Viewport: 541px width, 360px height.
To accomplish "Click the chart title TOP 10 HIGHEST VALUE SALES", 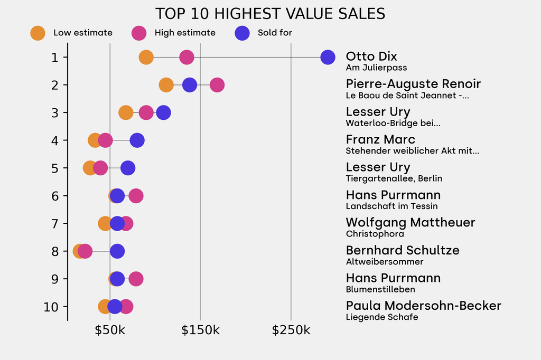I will pos(270,14).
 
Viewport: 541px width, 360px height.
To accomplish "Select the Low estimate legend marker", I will pos(38,33).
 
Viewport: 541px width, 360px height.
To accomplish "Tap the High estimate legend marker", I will pos(139,33).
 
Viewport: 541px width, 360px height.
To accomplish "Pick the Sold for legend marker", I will pos(241,33).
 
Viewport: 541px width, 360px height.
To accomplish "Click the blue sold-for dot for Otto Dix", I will pos(328,57).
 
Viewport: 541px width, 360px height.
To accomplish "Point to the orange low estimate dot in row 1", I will pos(146,57).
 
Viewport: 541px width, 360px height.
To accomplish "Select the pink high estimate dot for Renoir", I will pos(217,85).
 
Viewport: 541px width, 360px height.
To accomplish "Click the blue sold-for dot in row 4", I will pos(137,140).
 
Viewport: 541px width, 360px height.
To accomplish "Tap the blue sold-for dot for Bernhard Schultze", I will pos(117,251).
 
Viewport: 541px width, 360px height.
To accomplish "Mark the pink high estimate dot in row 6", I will pos(136,196).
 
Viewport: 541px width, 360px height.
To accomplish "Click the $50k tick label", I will pos(110,330).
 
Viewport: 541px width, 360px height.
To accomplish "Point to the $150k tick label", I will pos(200,330).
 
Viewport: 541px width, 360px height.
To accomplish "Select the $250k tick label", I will pos(291,330).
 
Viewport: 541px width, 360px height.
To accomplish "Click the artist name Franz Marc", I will pos(380,139).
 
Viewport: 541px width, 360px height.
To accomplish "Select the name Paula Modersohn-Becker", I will pos(423,306).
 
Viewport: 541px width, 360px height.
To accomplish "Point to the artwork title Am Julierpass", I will pos(376,68).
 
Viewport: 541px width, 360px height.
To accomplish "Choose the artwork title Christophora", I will pos(375,234).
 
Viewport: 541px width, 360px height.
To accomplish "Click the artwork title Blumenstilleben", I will pos(380,289).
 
